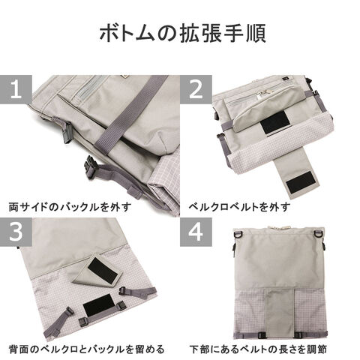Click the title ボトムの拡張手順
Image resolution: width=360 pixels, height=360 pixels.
click(x=182, y=33)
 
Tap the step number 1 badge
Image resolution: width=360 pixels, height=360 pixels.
click(x=16, y=89)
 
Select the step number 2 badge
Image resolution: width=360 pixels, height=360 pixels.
click(x=196, y=89)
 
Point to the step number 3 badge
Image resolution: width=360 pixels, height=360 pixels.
click(x=16, y=232)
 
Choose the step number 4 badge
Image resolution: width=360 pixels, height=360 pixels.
click(x=196, y=232)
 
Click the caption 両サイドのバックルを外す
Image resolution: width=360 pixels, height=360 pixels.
click(x=70, y=207)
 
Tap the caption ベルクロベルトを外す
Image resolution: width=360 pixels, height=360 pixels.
click(x=239, y=207)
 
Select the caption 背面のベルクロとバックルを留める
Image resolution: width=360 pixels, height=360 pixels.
click(x=86, y=349)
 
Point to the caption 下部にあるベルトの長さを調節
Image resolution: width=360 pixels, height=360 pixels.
click(x=258, y=349)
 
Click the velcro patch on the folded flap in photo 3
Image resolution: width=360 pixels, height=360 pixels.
click(x=103, y=269)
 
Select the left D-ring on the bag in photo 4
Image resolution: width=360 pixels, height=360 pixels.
click(x=238, y=235)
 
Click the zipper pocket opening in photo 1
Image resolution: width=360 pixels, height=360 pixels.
click(x=91, y=88)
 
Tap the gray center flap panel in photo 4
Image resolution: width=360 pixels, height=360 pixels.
click(x=279, y=313)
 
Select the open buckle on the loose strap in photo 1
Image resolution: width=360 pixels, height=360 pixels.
click(x=89, y=167)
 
